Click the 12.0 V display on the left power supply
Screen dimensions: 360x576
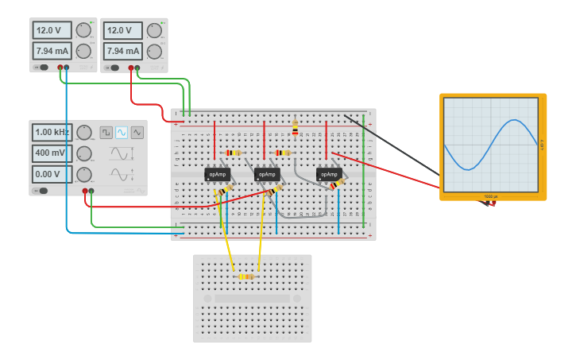pyautogui.click(x=52, y=30)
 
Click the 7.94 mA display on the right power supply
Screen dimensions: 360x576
pyautogui.click(x=122, y=51)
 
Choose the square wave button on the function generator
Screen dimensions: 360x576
pyautogui.click(x=106, y=133)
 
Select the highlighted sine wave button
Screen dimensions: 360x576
pyautogui.click(x=122, y=133)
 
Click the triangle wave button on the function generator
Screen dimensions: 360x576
pyautogui.click(x=137, y=133)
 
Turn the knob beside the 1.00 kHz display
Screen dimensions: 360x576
pyautogui.click(x=84, y=133)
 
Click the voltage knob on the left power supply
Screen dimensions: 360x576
pyautogui.click(x=83, y=31)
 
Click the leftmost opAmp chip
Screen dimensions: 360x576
pyautogui.click(x=217, y=174)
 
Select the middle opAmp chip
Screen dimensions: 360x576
pyautogui.click(x=267, y=174)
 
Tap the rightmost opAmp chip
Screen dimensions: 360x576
pyautogui.click(x=329, y=174)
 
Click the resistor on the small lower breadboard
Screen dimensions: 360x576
pyautogui.click(x=246, y=277)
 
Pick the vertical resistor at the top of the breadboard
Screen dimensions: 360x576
pyautogui.click(x=296, y=127)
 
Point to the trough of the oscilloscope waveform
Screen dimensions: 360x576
pyautogui.click(x=469, y=168)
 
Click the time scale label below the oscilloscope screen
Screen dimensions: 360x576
pyautogui.click(x=491, y=195)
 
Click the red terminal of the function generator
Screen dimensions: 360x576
pyautogui.click(x=85, y=191)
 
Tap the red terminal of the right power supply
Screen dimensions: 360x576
pyautogui.click(x=131, y=68)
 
